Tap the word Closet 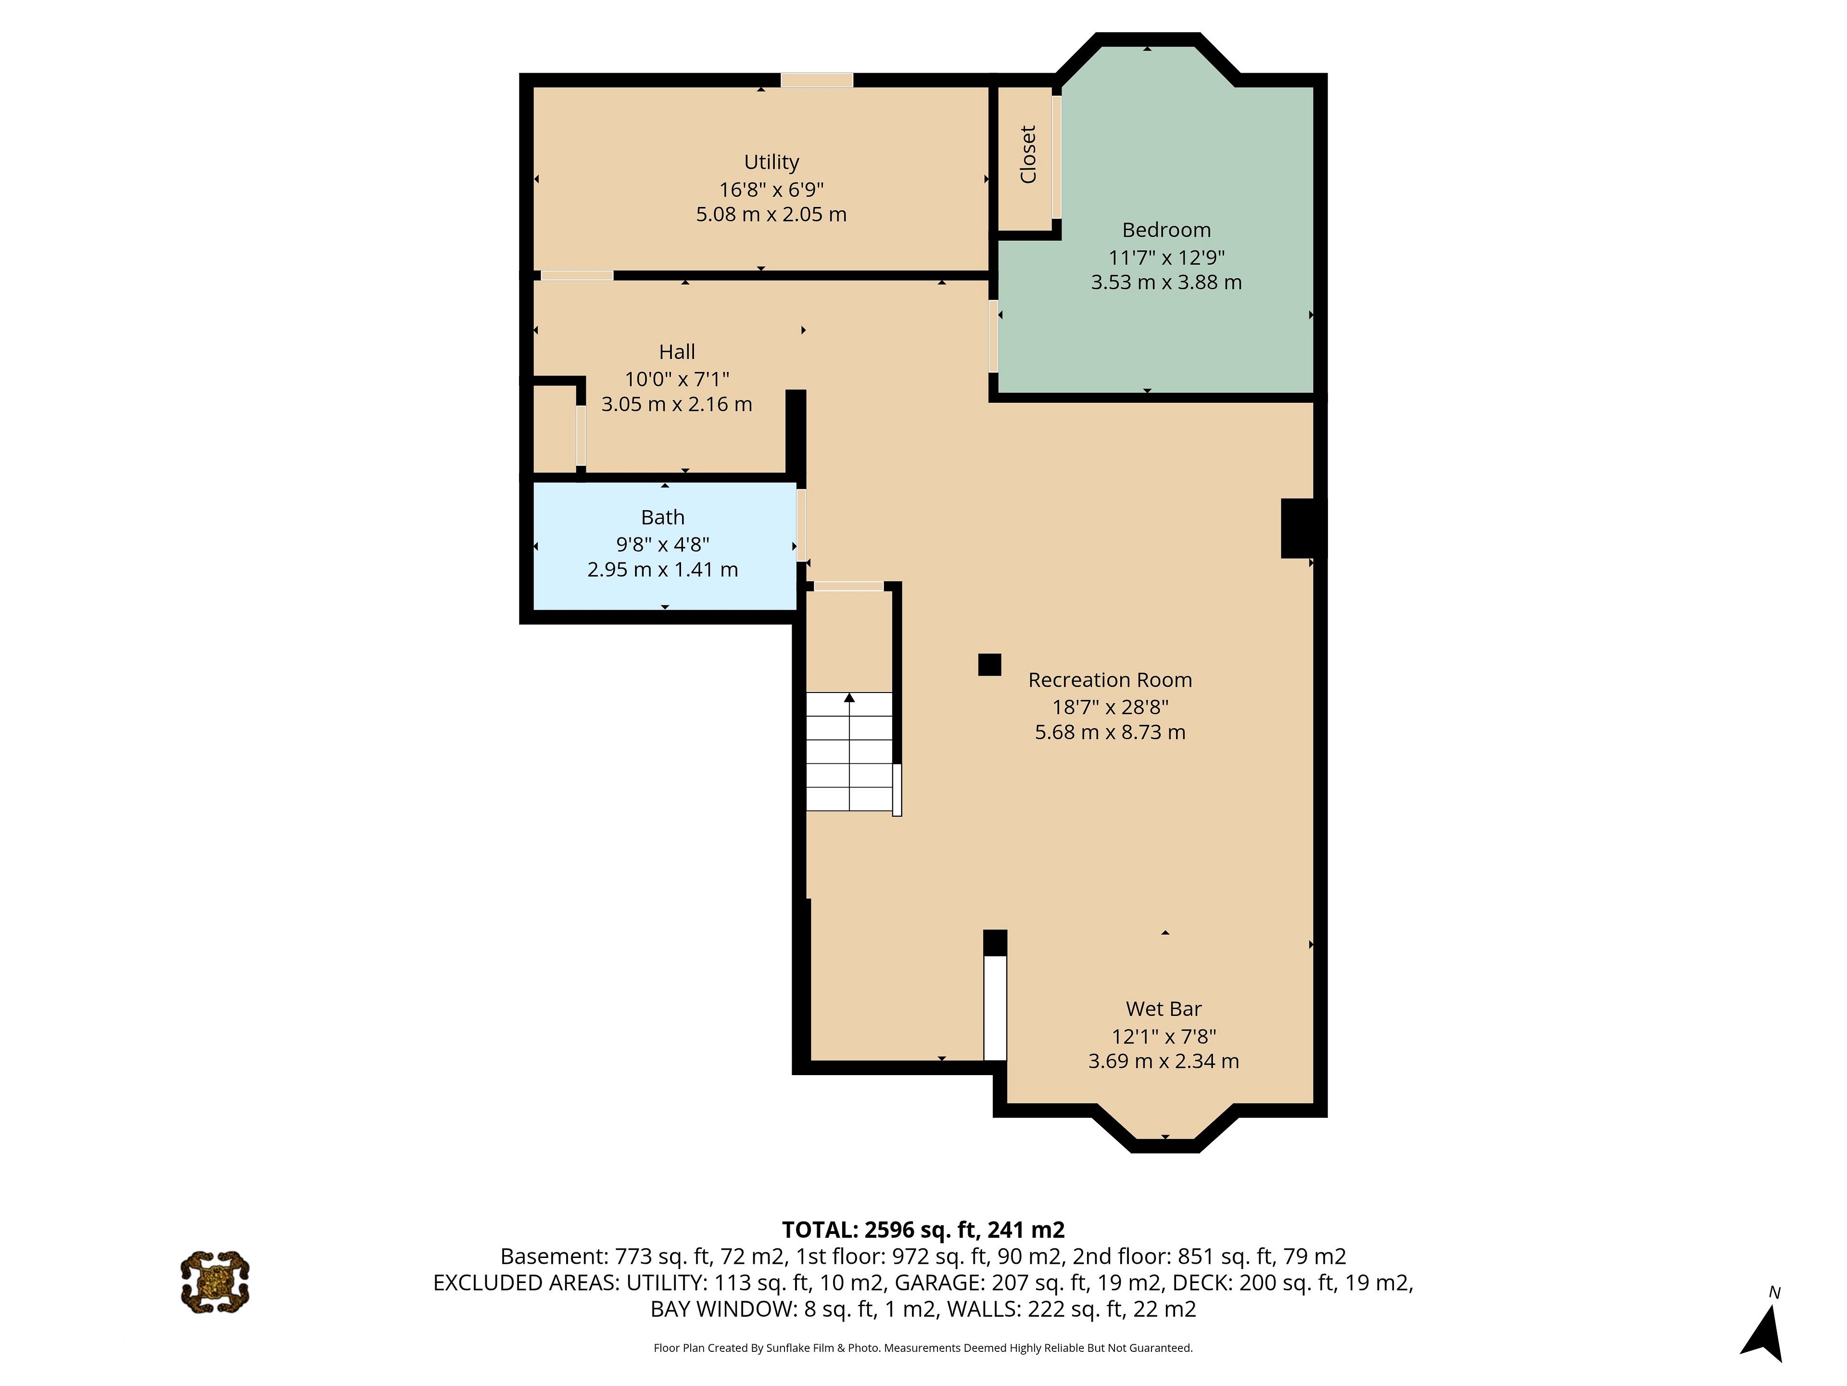pos(1028,154)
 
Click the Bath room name pos(662,517)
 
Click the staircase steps pos(849,752)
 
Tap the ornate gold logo pos(215,1282)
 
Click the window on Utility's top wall pos(817,80)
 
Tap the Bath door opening pos(802,525)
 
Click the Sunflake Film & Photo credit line pos(923,1347)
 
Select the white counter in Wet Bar pos(995,1008)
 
